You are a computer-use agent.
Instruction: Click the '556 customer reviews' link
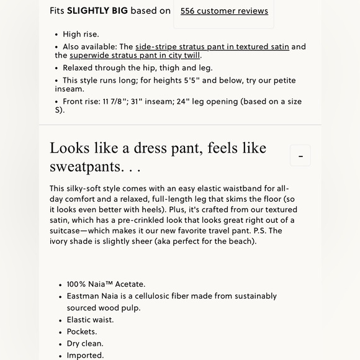[224, 11]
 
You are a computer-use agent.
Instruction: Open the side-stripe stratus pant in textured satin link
[212, 47]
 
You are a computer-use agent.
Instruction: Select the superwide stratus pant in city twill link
[135, 55]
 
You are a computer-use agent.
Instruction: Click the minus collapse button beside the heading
[300, 156]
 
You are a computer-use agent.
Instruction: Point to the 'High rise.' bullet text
[81, 34]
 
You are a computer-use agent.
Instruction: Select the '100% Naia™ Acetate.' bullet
[106, 284]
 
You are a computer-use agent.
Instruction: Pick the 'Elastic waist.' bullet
[90, 320]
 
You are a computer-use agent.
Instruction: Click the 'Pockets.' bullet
[82, 331]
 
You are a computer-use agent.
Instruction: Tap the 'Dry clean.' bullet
[85, 343]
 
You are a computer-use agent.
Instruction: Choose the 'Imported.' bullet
[85, 355]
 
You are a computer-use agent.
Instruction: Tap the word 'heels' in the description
[158, 210]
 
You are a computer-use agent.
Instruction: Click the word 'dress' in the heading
[149, 148]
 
